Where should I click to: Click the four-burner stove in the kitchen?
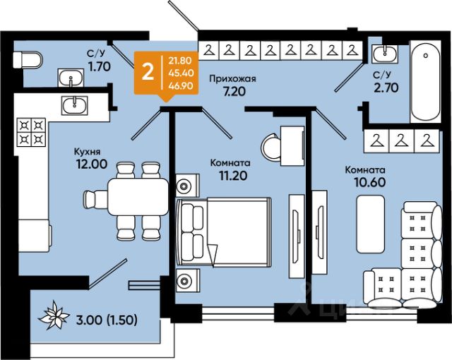[31, 130]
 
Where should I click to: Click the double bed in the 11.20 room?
[225, 234]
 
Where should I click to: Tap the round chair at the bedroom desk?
[273, 148]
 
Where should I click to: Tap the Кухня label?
[90, 150]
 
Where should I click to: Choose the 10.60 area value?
[365, 183]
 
